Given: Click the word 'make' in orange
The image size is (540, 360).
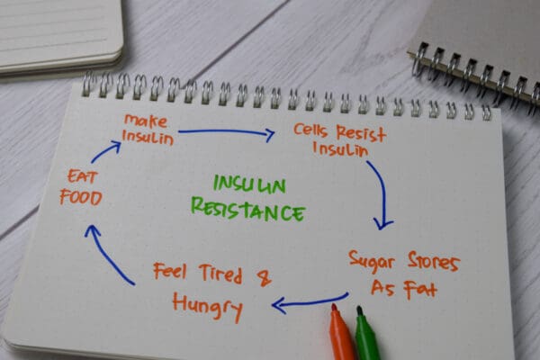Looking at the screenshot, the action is coord(146,121).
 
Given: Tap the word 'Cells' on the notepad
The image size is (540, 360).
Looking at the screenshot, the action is coord(310,130).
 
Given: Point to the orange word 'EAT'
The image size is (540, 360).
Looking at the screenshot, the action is coord(83,176).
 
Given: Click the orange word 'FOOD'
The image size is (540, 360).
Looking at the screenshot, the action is coord(81,198).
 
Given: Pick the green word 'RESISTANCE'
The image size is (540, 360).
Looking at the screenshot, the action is coord(248,210).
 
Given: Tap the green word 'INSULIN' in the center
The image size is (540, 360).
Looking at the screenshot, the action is coord(249,184).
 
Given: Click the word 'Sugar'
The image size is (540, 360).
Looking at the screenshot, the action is coord(371,263).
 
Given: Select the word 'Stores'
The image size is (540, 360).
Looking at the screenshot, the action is coord(434,261).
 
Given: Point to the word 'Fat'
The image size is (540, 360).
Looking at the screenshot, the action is coord(420,290).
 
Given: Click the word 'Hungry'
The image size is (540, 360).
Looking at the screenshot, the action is coord(208,307).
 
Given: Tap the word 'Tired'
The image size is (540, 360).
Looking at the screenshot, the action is coord(220,274).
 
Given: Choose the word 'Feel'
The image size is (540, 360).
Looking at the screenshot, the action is coord(170,271).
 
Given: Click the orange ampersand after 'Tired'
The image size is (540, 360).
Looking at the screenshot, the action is coord(265,278).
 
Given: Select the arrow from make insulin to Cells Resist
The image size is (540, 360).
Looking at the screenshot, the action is coord(226,131).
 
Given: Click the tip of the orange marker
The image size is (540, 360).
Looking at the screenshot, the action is coord(334,306).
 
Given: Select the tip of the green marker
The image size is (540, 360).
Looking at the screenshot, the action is coord(359,308).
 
